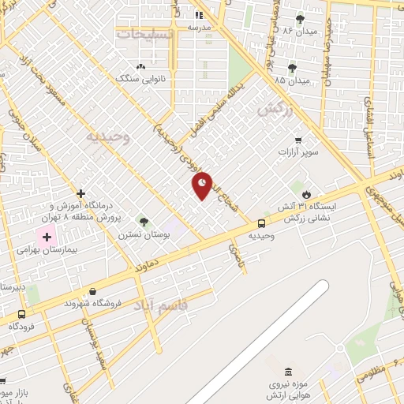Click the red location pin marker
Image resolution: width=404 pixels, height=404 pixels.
coord(202,185)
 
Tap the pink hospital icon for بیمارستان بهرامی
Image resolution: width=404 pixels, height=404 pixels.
coord(46,235)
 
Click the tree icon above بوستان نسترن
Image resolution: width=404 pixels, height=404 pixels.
coord(143,221)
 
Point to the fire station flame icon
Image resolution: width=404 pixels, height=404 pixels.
coord(306,193)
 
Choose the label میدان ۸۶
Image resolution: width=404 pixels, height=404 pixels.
coord(278,30)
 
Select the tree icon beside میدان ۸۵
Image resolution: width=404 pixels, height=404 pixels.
coord(293,68)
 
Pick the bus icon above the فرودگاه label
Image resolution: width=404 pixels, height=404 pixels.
coord(21,313)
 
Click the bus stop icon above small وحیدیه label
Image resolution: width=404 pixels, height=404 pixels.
coord(261,223)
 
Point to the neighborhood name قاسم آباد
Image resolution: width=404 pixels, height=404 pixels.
coord(161,303)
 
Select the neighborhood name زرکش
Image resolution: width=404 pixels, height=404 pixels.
coord(275,109)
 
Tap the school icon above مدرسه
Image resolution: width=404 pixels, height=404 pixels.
coord(199,14)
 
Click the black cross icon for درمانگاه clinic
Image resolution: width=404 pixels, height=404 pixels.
coord(80,193)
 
